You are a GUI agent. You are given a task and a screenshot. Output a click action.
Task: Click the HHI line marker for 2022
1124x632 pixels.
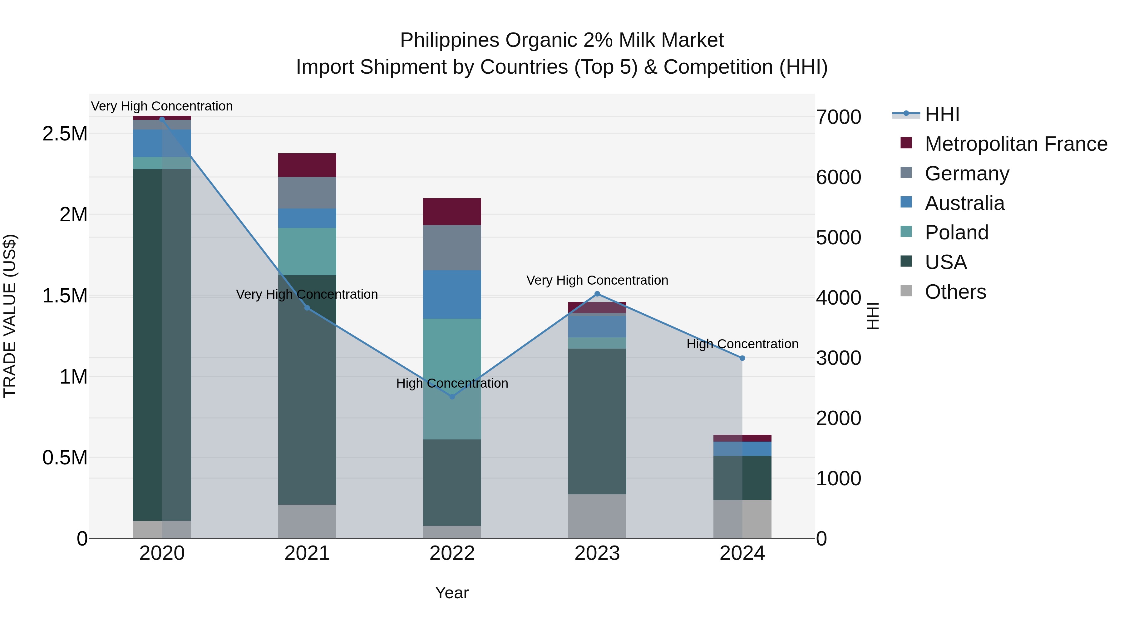coord(452,396)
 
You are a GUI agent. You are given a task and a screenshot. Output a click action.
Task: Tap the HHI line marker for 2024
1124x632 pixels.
coord(742,358)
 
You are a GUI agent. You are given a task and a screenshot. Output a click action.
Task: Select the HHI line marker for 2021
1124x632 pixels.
coord(307,308)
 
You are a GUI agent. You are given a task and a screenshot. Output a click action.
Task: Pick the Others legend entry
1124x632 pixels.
coord(955,292)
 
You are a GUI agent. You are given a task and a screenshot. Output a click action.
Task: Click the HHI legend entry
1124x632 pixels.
coord(942,114)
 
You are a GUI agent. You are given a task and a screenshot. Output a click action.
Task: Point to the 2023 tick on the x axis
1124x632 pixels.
coord(597,553)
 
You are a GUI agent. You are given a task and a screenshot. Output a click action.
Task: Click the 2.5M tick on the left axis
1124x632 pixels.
coord(65,134)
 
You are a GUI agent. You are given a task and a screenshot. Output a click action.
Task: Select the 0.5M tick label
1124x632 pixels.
coord(65,458)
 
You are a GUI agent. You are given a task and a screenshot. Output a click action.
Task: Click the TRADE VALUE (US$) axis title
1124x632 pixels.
coord(10,316)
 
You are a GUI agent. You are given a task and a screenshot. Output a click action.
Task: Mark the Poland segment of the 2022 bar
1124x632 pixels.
coord(452,379)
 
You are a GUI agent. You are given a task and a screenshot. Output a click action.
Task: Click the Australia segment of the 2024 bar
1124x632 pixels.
coord(742,449)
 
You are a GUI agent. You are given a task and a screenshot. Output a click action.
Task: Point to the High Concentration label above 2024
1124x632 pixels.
coord(742,344)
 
